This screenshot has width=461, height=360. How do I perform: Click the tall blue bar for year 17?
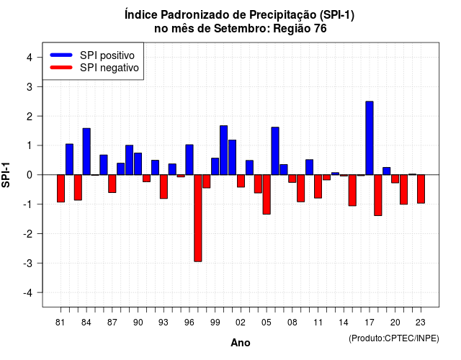[x=370, y=138]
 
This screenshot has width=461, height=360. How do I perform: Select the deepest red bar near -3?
[x=198, y=218]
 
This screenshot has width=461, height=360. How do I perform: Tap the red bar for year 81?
[x=61, y=189]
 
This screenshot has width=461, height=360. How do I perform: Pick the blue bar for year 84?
[x=86, y=152]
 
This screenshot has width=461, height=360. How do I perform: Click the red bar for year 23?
[x=421, y=189]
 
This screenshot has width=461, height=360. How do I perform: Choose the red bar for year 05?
[x=267, y=194]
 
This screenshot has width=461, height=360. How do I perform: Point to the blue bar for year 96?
[x=189, y=160]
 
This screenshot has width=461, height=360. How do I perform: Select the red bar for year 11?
[x=318, y=186]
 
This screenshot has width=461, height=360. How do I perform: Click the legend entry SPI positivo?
[x=107, y=55]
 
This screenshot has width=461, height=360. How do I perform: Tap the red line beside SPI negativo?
[x=61, y=68]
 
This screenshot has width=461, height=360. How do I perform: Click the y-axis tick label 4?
[x=30, y=58]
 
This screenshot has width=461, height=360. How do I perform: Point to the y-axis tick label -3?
[x=28, y=264]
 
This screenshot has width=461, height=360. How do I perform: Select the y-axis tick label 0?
[x=30, y=175]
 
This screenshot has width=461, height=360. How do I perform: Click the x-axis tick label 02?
[x=241, y=323]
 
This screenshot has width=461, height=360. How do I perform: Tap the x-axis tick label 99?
[x=215, y=323]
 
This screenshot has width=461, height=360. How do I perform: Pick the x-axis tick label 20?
[x=395, y=323]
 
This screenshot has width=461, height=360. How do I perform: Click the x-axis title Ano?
[x=241, y=343]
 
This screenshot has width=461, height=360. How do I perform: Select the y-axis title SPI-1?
[x=6, y=175]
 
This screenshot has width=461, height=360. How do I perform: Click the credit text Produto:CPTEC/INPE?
[x=394, y=338]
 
